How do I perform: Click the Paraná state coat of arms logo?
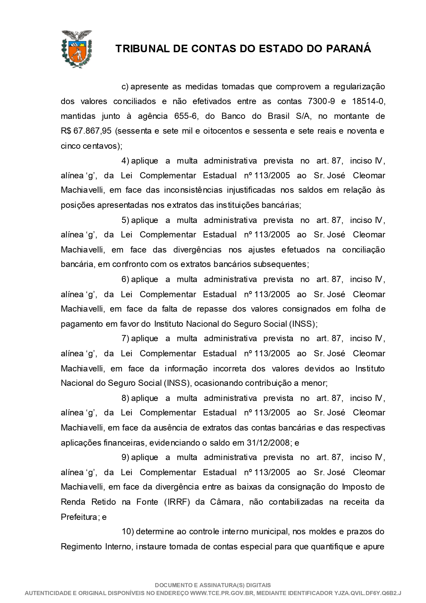(77, 48)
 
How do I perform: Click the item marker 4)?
(125, 161)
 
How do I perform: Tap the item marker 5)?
(125, 220)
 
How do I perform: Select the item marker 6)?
(125, 279)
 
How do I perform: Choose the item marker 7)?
(125, 339)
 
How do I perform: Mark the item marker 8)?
(125, 398)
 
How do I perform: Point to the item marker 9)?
(125, 458)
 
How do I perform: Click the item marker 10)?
(127, 532)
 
